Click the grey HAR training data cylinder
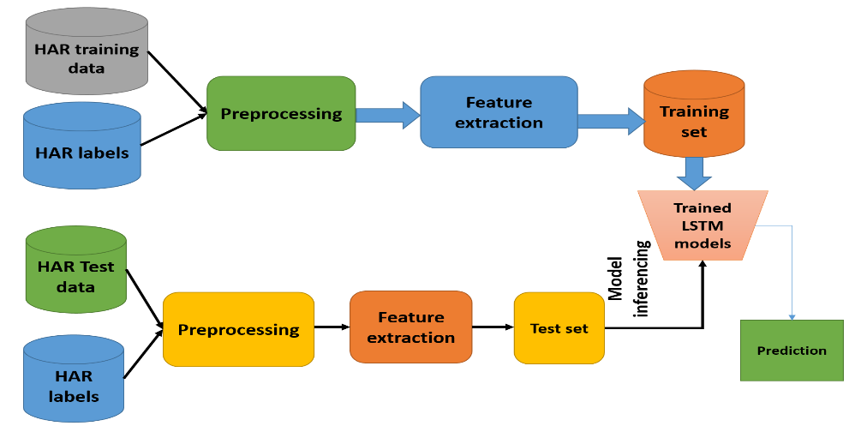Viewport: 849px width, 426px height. (87, 51)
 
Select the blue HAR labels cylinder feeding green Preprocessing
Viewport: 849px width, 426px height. (82, 146)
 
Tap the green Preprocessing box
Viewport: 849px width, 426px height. (281, 113)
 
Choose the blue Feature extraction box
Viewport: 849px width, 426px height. (499, 112)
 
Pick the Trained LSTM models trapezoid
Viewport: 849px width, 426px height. (703, 225)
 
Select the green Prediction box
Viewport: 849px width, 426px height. (792, 350)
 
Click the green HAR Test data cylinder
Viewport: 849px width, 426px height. (75, 269)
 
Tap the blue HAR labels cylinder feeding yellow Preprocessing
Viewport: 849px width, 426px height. (74, 379)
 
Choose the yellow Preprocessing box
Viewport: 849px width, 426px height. (238, 329)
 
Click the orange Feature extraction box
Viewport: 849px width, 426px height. (411, 327)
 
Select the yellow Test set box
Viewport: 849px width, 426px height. (559, 328)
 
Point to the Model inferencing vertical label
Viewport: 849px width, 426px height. (628, 279)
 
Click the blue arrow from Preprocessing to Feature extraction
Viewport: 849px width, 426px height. (388, 114)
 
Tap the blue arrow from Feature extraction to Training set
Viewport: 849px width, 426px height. (611, 121)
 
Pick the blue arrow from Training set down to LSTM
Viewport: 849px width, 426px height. (694, 173)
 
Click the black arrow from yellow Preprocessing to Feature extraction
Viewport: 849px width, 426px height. (332, 327)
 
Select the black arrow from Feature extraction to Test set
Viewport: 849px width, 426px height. (493, 327)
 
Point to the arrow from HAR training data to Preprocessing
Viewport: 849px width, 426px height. (177, 83)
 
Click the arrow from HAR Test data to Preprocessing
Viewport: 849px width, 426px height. (145, 298)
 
